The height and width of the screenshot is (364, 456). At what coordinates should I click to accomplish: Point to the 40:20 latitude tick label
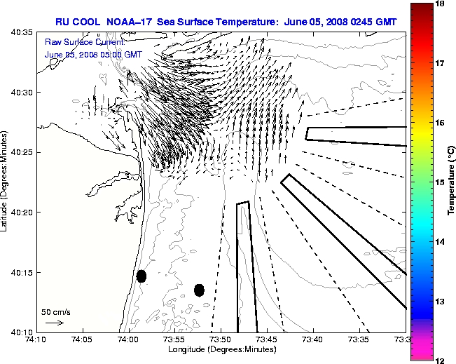point(22,213)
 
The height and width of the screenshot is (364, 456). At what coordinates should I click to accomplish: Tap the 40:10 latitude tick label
point(22,332)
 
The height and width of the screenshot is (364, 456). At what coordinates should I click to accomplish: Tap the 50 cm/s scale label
point(56,311)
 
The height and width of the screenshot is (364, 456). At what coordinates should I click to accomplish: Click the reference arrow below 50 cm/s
point(54,323)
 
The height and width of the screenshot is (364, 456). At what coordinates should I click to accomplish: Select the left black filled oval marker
point(141,276)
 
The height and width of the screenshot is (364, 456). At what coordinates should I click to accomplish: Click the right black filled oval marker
point(199,290)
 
